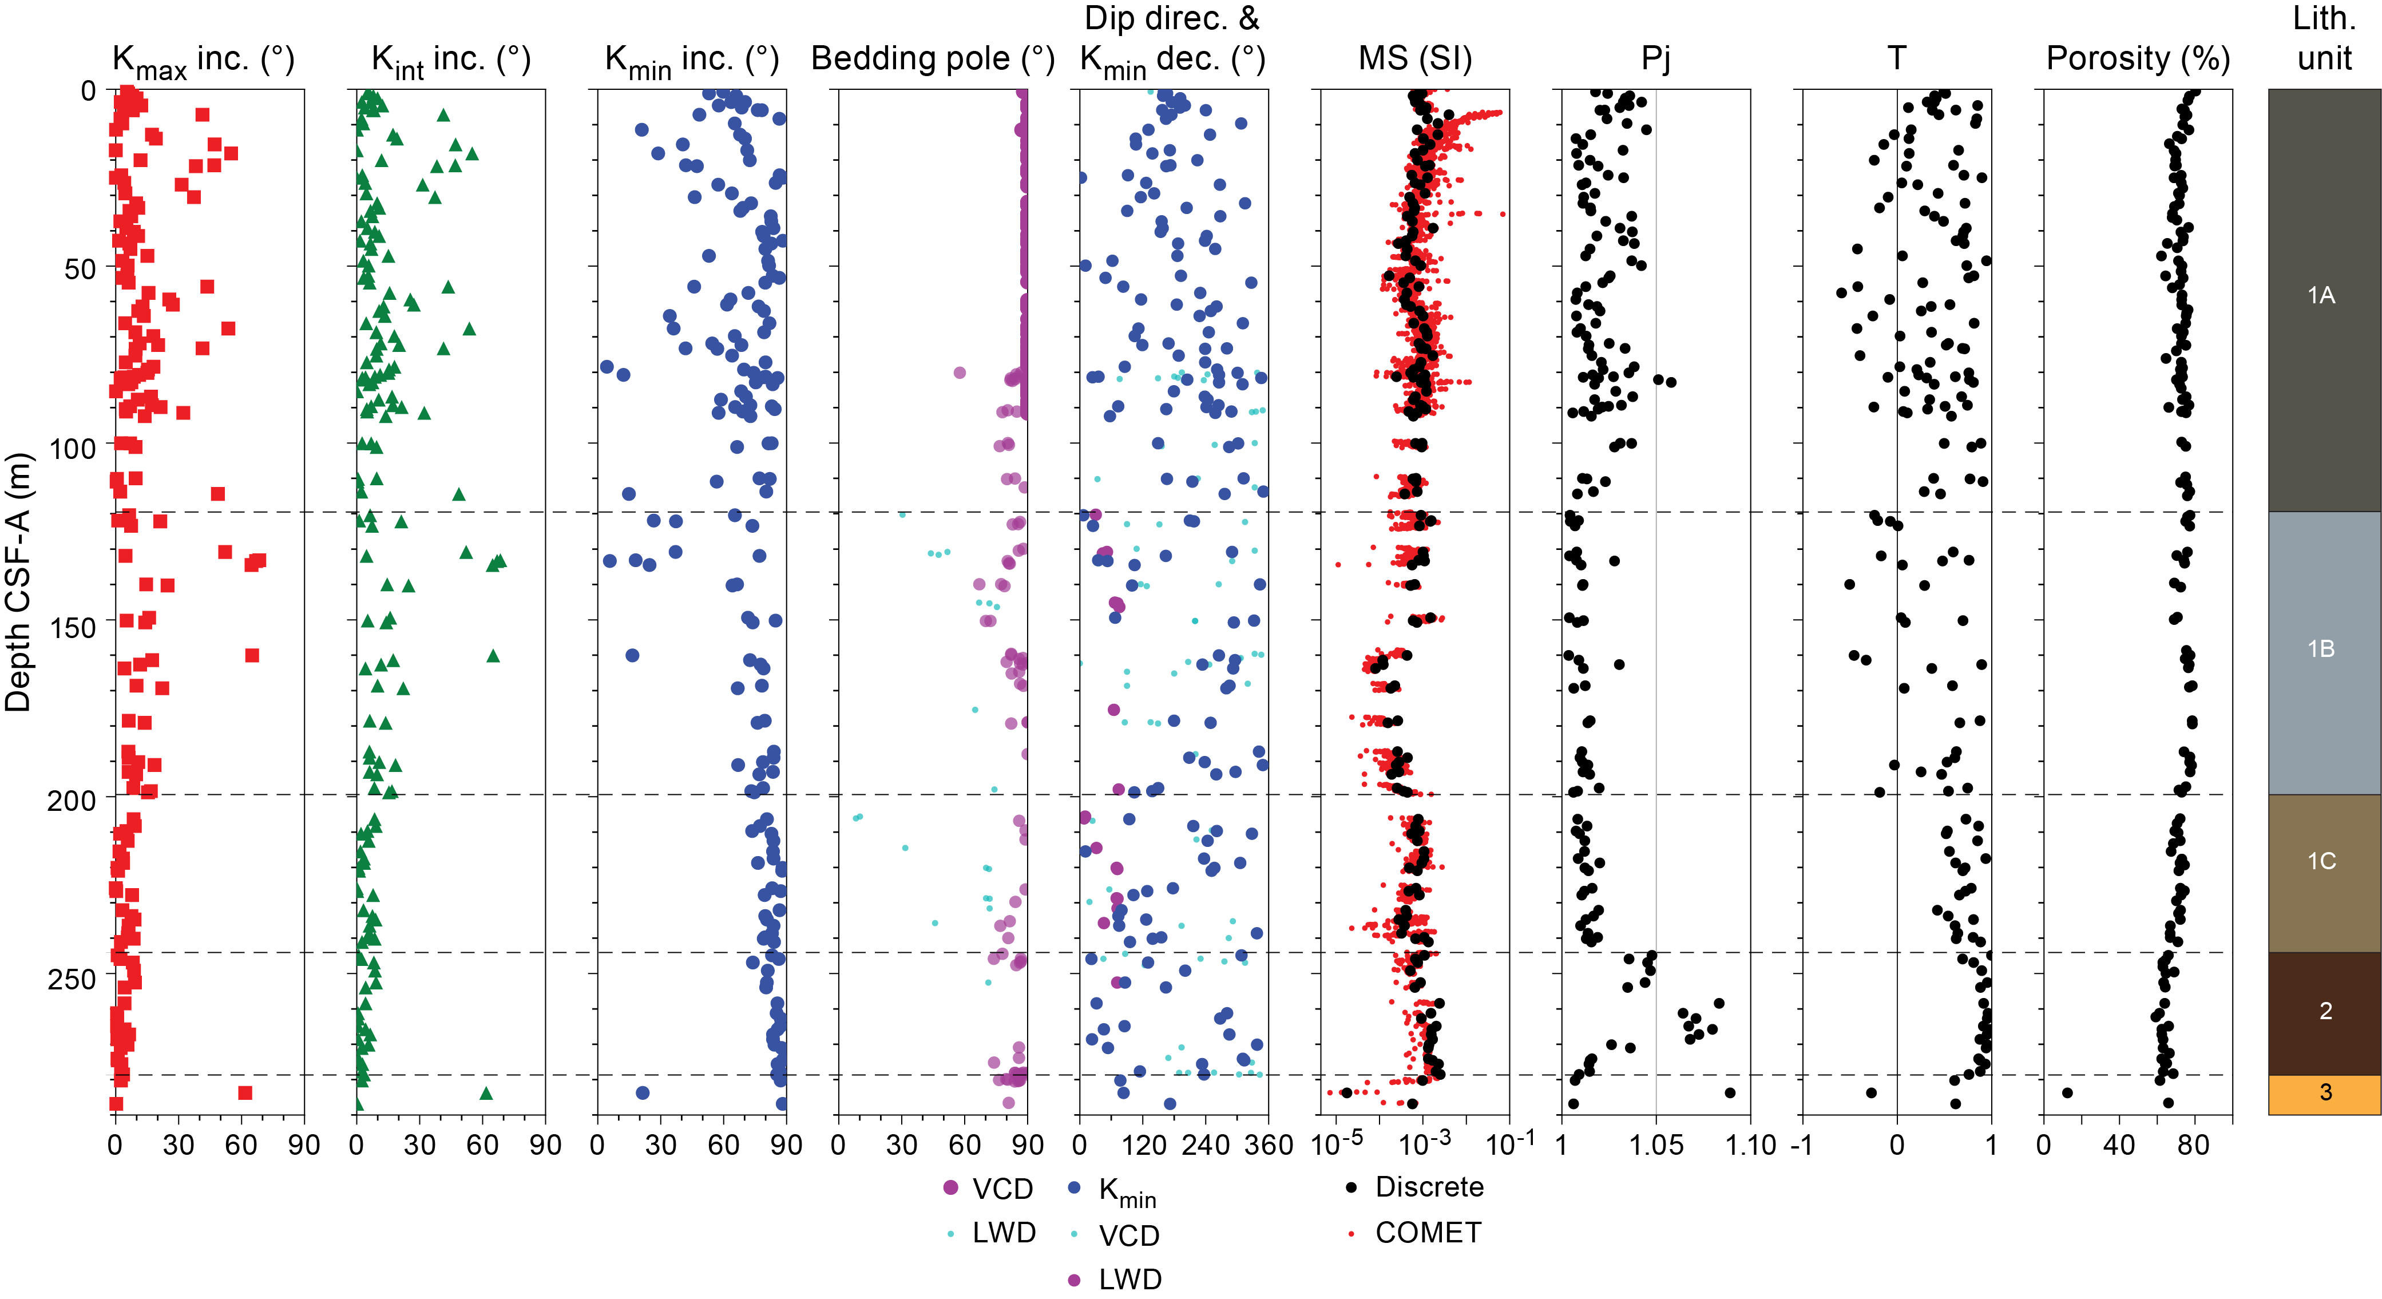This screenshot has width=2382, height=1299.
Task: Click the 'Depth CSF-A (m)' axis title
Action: [18, 583]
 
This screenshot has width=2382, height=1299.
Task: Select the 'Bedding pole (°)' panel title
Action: [932, 59]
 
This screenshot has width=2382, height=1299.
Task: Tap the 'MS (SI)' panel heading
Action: [1415, 59]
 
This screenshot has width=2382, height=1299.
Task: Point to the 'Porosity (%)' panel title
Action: [2138, 59]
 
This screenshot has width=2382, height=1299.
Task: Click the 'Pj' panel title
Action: [1655, 59]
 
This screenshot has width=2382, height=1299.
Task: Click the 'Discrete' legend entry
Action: [1429, 1187]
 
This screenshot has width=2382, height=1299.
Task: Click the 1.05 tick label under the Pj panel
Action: [1655, 1146]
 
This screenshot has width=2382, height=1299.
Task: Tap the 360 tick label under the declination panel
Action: [1268, 1146]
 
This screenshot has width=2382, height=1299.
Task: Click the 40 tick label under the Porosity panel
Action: [2118, 1146]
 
